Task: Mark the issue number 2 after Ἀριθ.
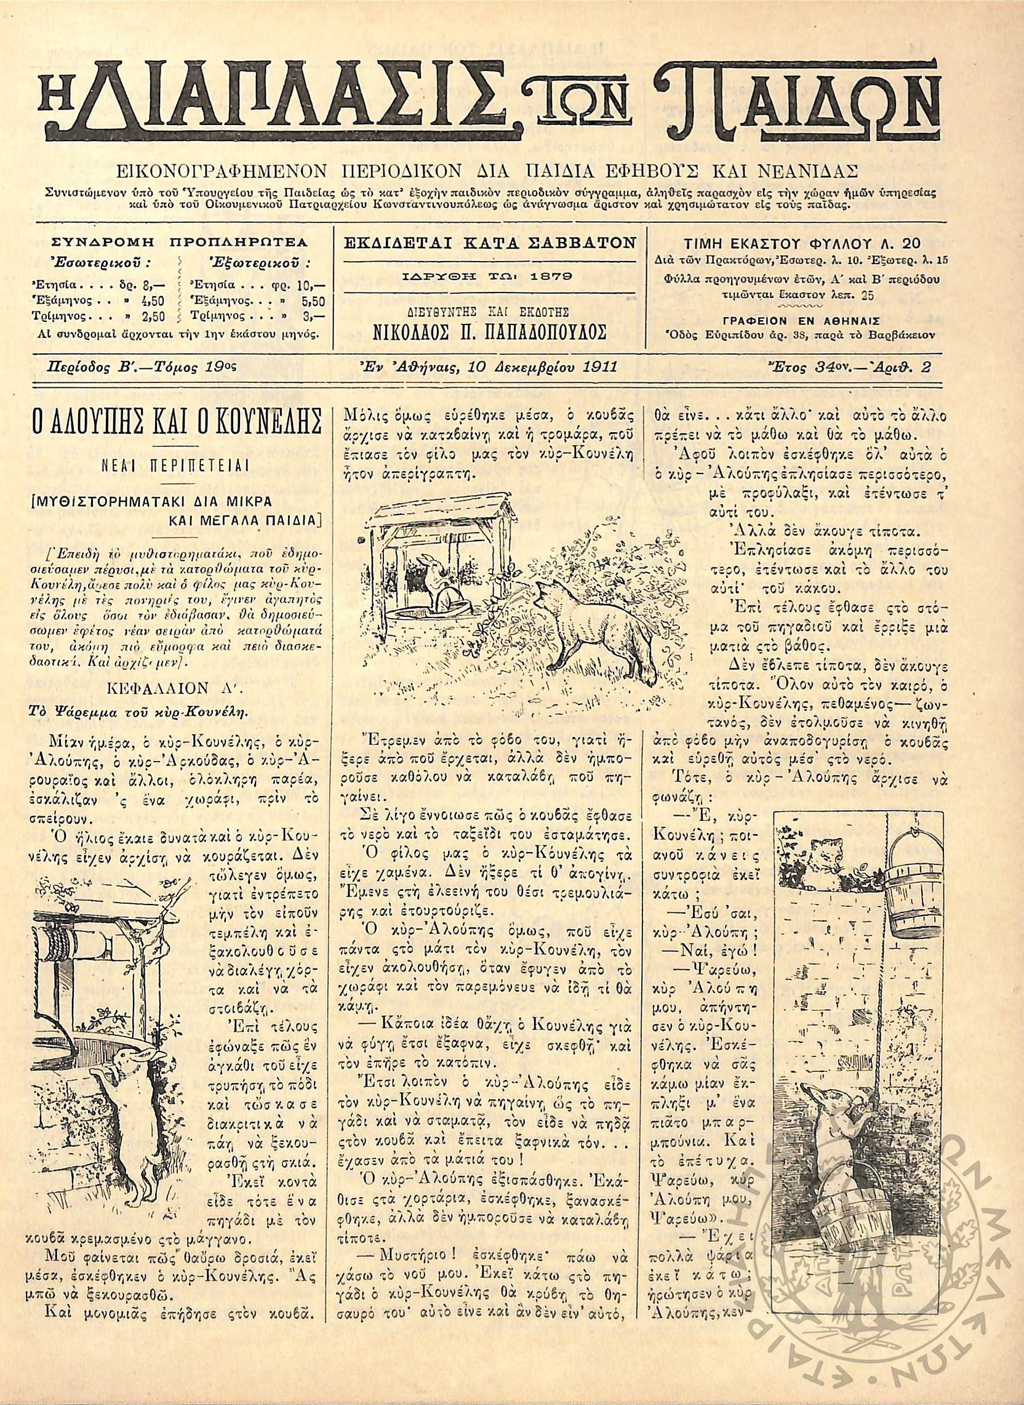point(926,367)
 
